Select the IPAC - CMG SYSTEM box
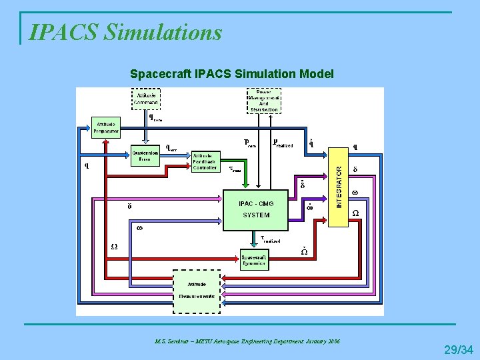point(256,209)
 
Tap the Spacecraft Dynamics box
point(254,259)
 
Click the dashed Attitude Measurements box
point(197,290)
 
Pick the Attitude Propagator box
point(107,127)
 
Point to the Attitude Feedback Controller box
point(205,161)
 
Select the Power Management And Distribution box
point(263,101)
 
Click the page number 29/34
point(459,349)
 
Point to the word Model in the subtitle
point(319,73)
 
